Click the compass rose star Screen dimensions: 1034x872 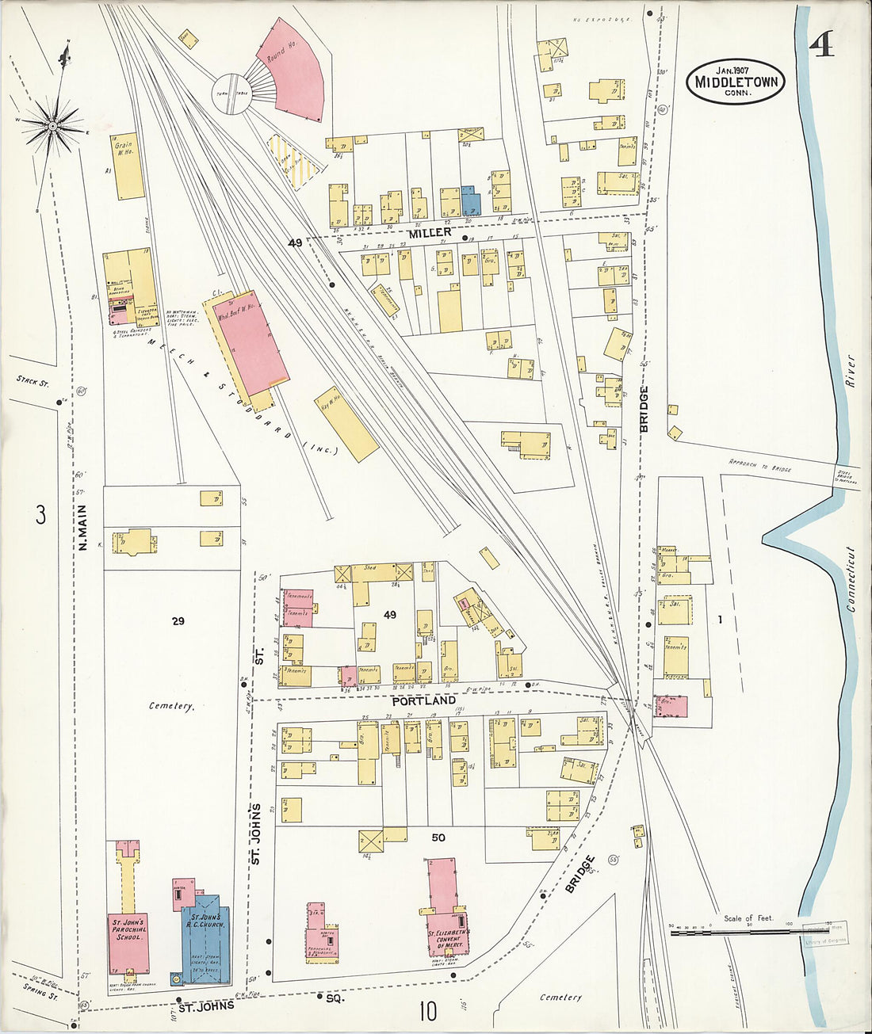tap(53, 125)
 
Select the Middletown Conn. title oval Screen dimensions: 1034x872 tap(736, 82)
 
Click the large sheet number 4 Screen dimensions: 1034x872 tap(821, 45)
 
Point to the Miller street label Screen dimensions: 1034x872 tap(430, 232)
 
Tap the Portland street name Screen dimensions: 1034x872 tap(424, 700)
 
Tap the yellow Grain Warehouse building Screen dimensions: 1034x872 tap(128, 166)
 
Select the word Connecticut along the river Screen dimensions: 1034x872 tap(851, 579)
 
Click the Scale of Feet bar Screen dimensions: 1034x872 tap(749, 933)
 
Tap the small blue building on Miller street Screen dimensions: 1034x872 tap(471, 200)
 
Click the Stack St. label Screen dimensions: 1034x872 tap(33, 382)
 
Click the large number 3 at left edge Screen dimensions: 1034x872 tap(40, 516)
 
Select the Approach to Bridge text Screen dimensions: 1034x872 tap(759, 466)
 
